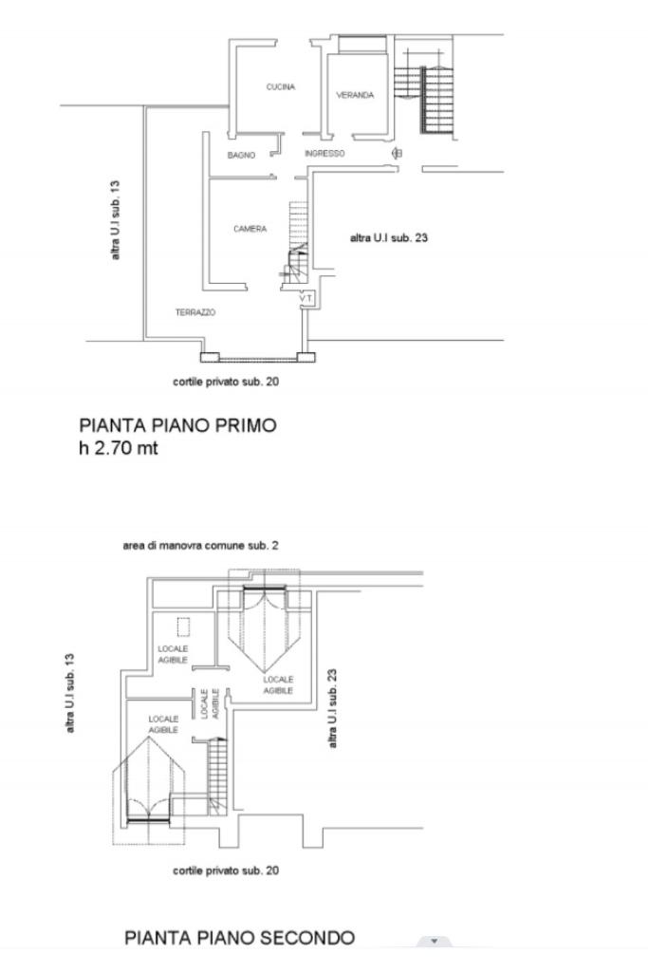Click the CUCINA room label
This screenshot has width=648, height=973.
point(280,87)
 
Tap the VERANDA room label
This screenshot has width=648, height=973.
point(355,95)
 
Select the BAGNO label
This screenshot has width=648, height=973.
point(241,155)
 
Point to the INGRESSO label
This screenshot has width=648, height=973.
point(324,153)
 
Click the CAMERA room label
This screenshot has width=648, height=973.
point(250,229)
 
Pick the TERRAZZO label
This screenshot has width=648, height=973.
point(195,312)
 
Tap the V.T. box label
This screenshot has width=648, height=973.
point(305,298)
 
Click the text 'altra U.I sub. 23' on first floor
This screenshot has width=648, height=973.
point(389,238)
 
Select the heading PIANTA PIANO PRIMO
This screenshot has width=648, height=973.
point(177,425)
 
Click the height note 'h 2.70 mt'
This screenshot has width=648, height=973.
point(119,448)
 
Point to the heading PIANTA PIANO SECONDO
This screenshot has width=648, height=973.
point(239,938)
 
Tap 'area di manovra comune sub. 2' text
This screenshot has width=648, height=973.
point(200,546)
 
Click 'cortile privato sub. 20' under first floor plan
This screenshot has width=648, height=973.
point(226,382)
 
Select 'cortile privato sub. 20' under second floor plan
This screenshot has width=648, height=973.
point(226,870)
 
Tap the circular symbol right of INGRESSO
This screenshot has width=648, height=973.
point(397,153)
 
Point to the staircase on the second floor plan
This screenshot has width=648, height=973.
point(217,771)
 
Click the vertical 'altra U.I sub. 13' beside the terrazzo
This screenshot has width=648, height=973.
point(116,220)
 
